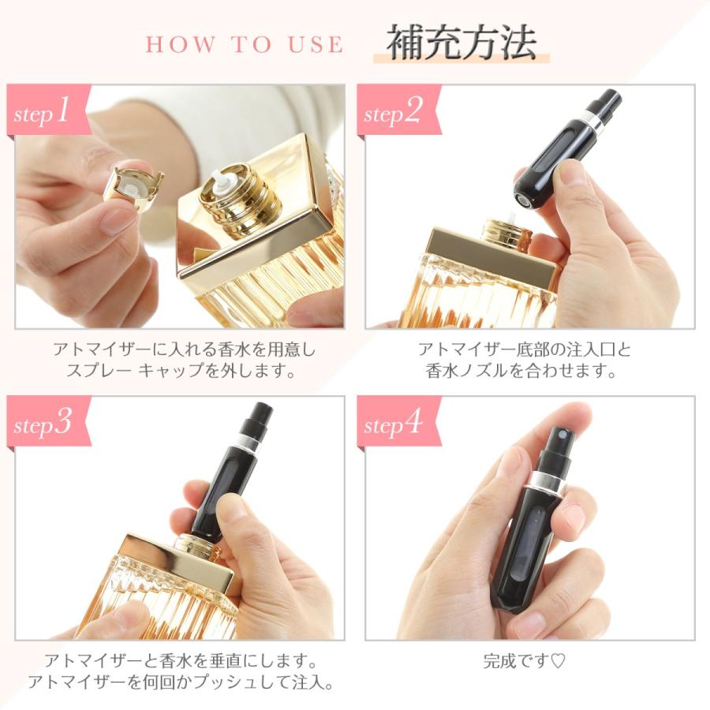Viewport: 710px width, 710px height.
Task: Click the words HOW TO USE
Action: pos(245,44)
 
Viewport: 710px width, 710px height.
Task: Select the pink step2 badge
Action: pos(398,110)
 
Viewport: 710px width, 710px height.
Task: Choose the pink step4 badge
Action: pos(398,422)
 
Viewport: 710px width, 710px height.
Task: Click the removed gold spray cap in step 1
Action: pos(133,189)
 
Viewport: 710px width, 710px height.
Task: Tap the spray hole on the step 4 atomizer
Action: pos(562,435)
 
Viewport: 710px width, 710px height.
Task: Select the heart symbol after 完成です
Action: pos(558,662)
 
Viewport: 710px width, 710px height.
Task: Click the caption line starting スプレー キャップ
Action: pos(181,371)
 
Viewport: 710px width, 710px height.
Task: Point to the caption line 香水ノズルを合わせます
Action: pos(521,371)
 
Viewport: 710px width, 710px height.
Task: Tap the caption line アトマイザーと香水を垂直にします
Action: pos(181,662)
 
